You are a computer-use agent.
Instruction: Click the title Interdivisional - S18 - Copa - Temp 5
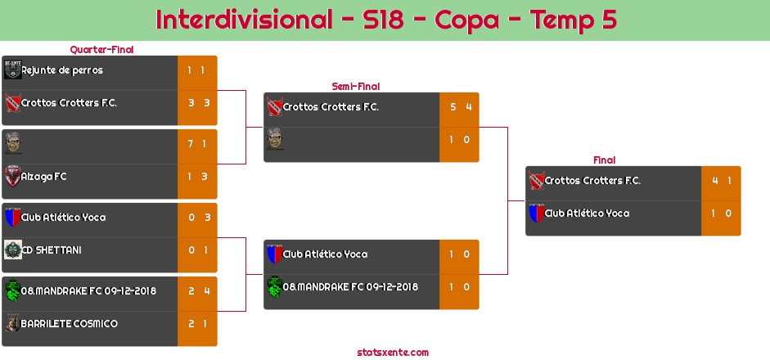(386, 20)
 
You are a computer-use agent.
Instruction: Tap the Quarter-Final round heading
(101, 50)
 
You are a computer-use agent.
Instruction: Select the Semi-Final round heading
(355, 87)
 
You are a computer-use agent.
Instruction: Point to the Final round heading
(604, 160)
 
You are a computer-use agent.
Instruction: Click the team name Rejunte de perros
(62, 70)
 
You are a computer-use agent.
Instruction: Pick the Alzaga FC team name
(43, 177)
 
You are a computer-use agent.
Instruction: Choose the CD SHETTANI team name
(52, 250)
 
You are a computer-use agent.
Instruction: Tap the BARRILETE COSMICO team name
(70, 324)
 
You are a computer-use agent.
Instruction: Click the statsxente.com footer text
(393, 353)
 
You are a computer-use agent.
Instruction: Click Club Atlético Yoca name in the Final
(587, 214)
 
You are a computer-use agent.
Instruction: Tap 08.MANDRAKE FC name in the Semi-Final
(350, 287)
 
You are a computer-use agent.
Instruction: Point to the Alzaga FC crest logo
(13, 176)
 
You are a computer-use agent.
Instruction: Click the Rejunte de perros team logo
(13, 70)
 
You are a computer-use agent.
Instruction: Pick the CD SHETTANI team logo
(13, 250)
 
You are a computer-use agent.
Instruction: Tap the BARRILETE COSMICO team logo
(13, 323)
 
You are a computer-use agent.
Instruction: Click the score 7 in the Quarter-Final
(190, 144)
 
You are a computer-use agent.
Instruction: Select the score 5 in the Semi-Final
(453, 107)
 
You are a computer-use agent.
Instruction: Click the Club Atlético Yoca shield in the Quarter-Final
(13, 217)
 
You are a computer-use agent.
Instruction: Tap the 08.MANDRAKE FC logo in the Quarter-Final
(13, 290)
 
